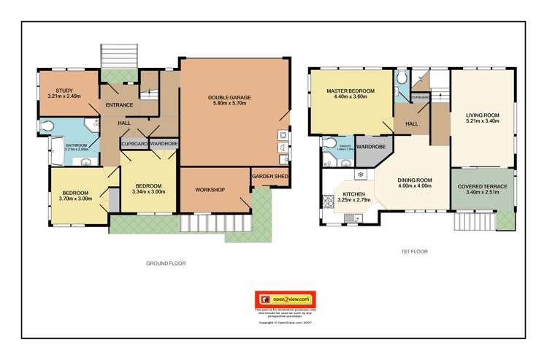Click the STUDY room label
(55, 91)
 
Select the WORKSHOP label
(210, 190)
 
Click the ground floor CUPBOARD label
(134, 144)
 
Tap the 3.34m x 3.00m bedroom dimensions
(148, 191)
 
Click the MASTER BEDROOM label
(350, 91)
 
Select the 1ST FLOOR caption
(413, 251)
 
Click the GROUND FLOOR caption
(166, 263)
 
